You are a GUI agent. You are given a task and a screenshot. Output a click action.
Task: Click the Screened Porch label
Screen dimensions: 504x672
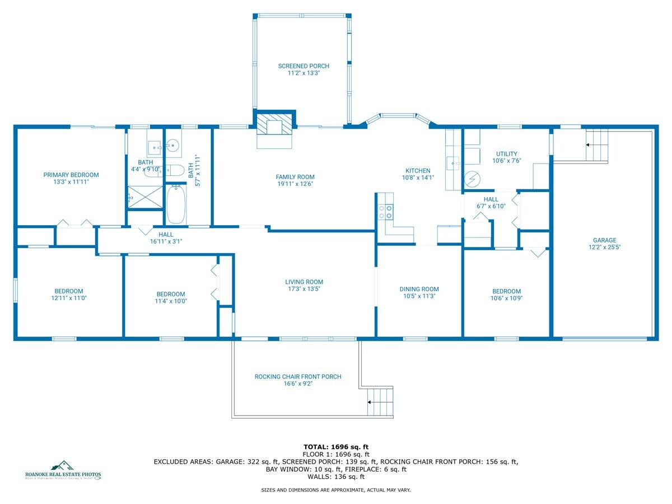304,66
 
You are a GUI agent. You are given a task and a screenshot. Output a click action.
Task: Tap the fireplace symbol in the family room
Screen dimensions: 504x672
274,127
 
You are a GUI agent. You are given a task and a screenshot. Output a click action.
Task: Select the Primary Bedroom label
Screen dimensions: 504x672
71,175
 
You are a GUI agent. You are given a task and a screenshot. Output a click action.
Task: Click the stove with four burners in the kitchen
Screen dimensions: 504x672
386,211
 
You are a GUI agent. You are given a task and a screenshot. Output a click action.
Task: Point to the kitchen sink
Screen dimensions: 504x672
453,163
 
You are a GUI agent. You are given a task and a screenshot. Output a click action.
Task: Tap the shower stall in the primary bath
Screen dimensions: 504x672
144,197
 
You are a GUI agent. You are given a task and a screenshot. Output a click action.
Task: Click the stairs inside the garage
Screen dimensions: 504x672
596,145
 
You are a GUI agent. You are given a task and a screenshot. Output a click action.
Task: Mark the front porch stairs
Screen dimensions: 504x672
379,402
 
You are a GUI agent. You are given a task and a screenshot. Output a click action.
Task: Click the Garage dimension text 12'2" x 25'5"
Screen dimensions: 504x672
604,247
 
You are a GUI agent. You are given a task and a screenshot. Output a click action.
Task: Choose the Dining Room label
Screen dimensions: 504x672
419,289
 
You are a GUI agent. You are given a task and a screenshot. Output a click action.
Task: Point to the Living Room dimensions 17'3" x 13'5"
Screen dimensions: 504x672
304,290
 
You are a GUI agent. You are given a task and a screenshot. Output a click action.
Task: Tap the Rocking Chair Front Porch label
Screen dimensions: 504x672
297,377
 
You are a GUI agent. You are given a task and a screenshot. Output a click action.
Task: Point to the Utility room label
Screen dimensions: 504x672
506,154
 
